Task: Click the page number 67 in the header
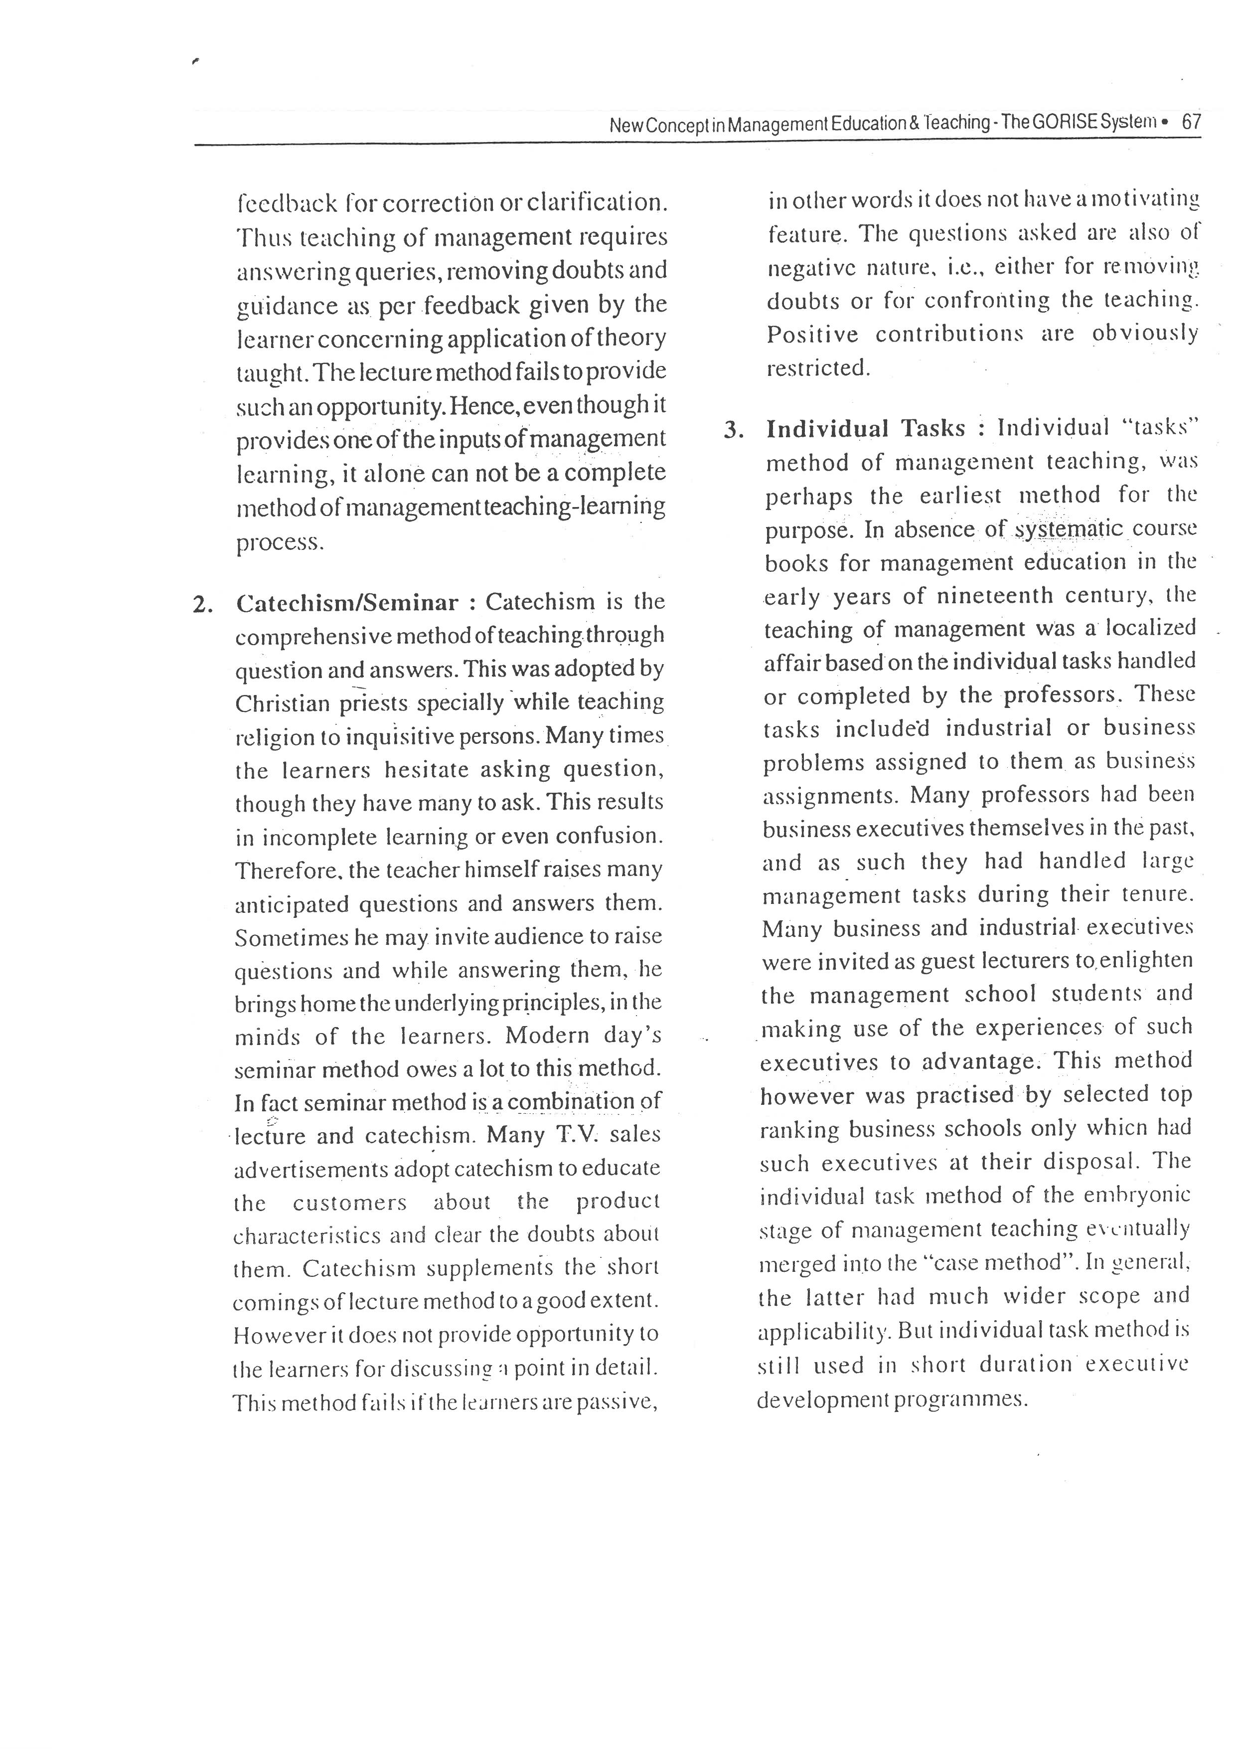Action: (x=1190, y=122)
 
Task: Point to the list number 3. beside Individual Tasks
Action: (x=733, y=430)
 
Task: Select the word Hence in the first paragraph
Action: (x=479, y=405)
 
